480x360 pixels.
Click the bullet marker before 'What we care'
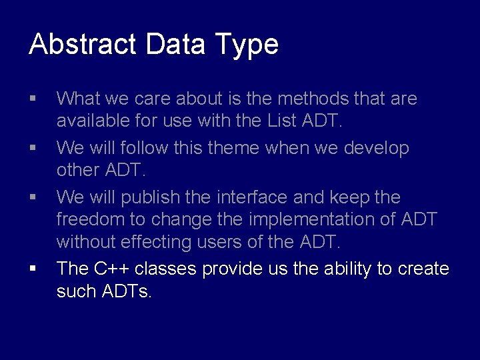click(33, 99)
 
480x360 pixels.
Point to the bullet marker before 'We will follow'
click(33, 148)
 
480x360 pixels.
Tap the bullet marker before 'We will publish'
click(33, 197)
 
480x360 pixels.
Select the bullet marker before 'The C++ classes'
click(33, 269)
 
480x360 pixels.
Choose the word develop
click(376, 148)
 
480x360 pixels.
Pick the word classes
click(166, 269)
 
